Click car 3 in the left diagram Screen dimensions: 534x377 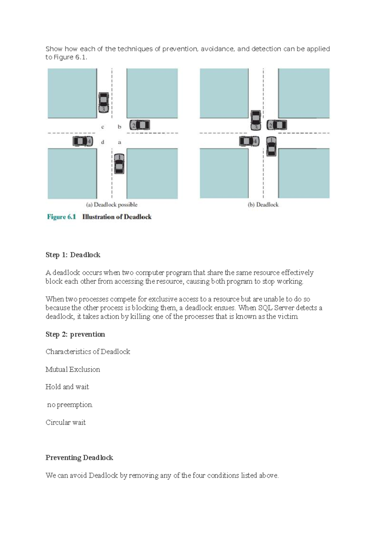[103, 102]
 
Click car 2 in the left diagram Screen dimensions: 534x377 [140, 125]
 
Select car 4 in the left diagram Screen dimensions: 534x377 [83, 141]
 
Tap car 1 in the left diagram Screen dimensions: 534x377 [119, 163]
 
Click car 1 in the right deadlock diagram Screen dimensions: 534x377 [271, 146]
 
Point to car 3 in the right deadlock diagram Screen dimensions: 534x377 [256, 120]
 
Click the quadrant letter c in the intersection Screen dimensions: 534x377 [103, 127]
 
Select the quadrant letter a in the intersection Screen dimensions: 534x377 [119, 142]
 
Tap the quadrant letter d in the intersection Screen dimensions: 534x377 [103, 142]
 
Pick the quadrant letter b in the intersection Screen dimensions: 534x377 [119, 127]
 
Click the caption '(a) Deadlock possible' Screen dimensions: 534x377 [112, 205]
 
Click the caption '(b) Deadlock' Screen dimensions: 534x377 [263, 205]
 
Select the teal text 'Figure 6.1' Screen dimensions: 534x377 [62, 217]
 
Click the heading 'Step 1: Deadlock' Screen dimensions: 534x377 [73, 255]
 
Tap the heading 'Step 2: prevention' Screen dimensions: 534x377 [75, 334]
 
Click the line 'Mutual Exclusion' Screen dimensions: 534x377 [73, 370]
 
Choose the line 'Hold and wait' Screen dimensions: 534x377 [67, 387]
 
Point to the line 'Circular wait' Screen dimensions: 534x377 [65, 422]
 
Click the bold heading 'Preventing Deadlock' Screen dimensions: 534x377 [79, 458]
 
